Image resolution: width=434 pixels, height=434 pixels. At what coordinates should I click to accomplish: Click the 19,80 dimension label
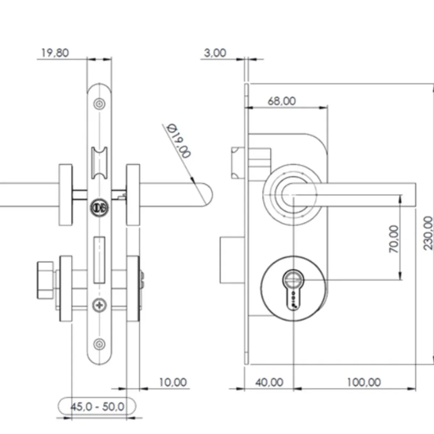pyautogui.click(x=55, y=53)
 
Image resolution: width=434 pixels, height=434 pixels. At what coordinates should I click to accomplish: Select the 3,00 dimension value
pyautogui.click(x=215, y=53)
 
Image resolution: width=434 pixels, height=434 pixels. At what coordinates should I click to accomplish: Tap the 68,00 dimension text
pyautogui.click(x=281, y=101)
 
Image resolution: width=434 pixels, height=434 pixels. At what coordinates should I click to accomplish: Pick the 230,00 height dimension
pyautogui.click(x=428, y=233)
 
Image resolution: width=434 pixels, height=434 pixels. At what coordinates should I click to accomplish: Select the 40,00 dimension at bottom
pyautogui.click(x=269, y=382)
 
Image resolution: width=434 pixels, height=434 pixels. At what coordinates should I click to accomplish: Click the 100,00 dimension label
pyautogui.click(x=364, y=382)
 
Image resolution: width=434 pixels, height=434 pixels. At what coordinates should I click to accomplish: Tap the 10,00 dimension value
pyautogui.click(x=173, y=382)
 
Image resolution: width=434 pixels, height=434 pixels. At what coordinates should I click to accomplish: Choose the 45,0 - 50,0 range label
pyautogui.click(x=97, y=407)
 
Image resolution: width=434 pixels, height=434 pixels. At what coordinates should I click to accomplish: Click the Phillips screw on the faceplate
pyautogui.click(x=99, y=306)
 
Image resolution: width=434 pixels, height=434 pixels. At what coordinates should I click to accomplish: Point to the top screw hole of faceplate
pyautogui.click(x=99, y=104)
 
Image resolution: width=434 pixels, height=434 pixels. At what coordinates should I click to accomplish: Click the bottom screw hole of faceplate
pyautogui.click(x=99, y=344)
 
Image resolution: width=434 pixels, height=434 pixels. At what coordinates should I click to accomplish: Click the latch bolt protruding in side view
pyautogui.click(x=239, y=163)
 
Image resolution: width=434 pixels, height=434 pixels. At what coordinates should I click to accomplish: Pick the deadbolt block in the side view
pyautogui.click(x=232, y=260)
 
